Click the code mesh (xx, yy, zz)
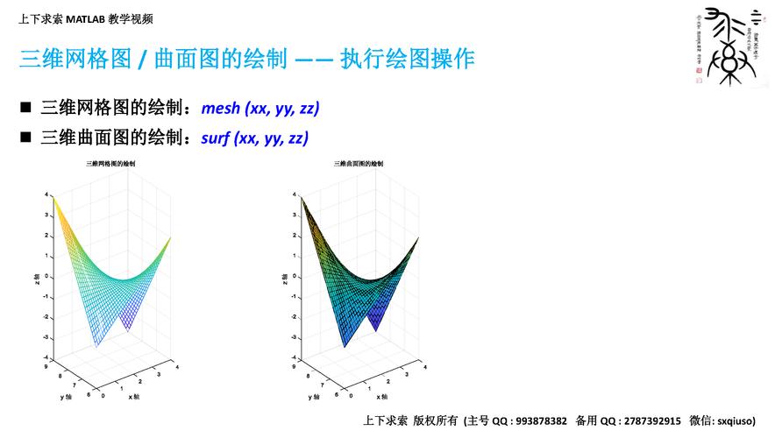click(260, 109)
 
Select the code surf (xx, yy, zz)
click(255, 138)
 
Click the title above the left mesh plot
click(110, 164)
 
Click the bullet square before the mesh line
click(25, 109)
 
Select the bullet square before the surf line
click(25, 138)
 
